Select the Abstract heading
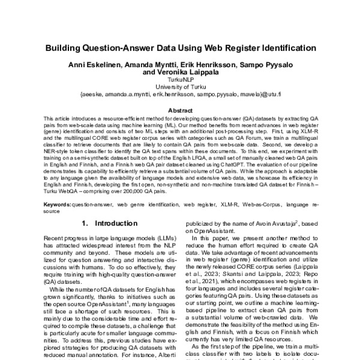(180, 110)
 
